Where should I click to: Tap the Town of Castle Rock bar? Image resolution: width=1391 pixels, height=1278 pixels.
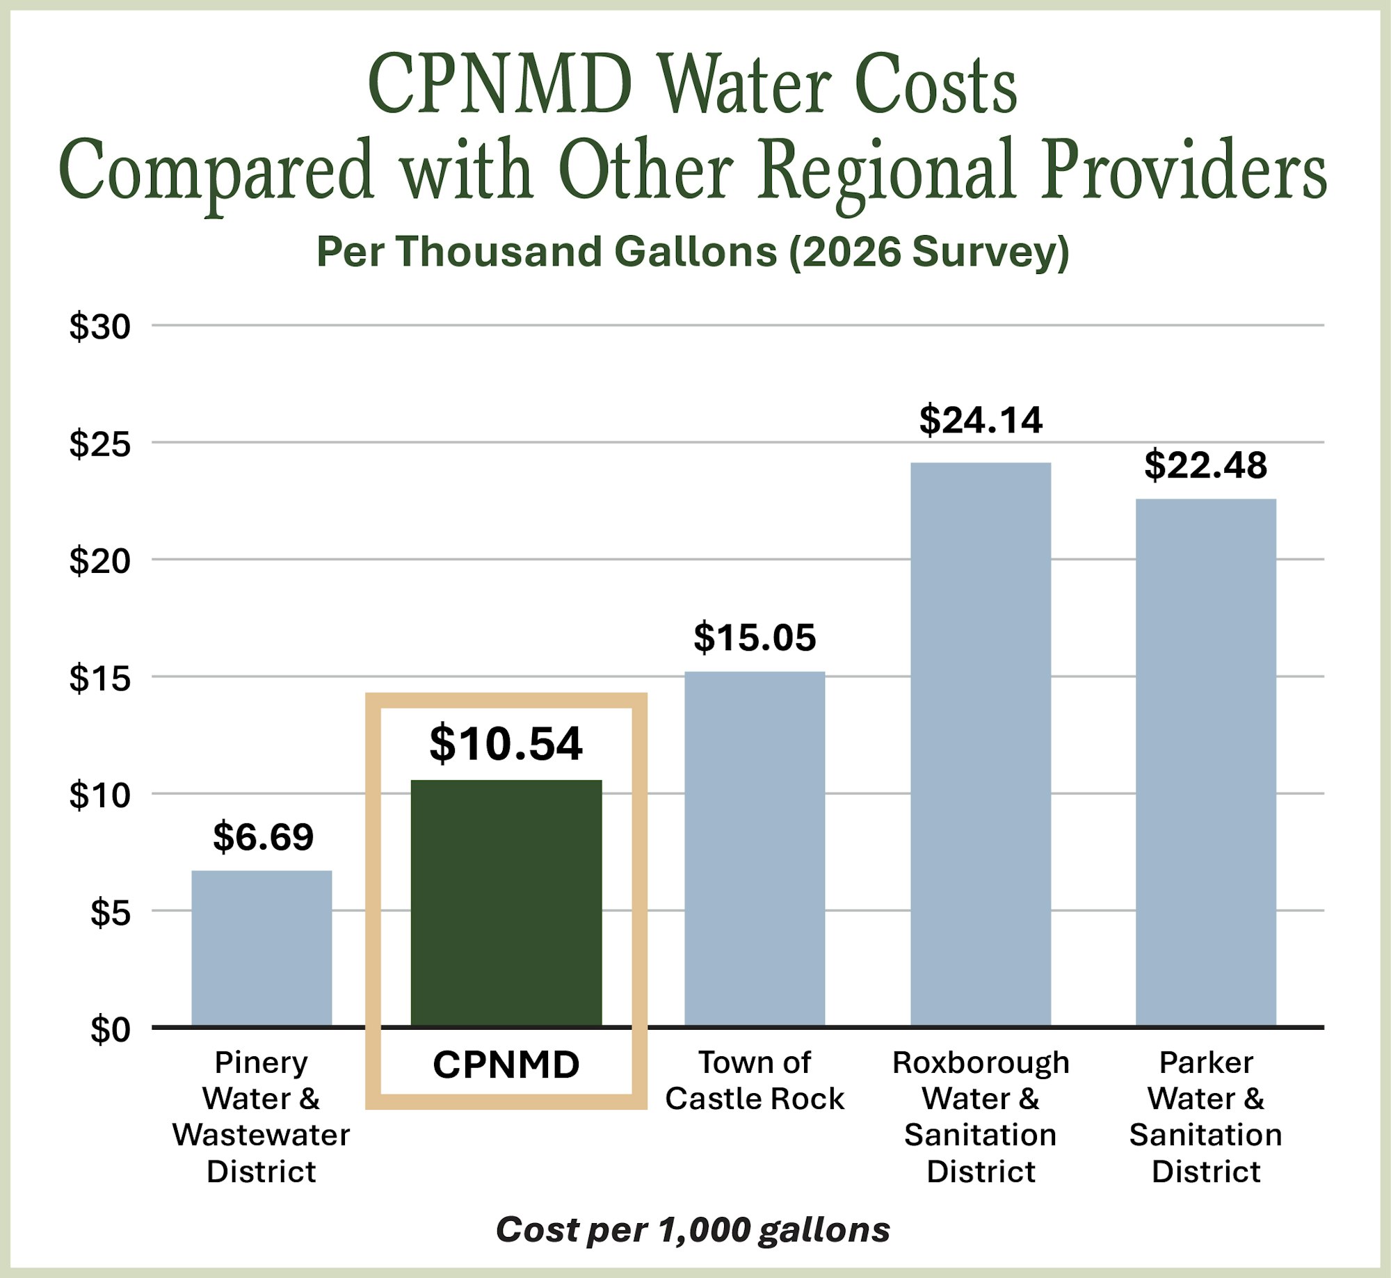[755, 848]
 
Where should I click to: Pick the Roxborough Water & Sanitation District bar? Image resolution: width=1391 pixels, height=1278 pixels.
[980, 744]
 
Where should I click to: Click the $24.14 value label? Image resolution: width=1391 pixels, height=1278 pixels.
[981, 420]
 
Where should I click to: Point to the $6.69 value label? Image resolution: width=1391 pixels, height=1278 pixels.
[263, 836]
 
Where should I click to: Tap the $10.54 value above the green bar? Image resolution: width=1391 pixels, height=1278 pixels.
[506, 743]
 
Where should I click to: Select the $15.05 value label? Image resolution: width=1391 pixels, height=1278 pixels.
[755, 638]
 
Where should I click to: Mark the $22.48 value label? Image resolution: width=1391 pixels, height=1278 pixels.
[1205, 465]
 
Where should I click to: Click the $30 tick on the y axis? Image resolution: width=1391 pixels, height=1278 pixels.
[99, 326]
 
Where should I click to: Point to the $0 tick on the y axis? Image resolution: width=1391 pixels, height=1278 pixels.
[110, 1029]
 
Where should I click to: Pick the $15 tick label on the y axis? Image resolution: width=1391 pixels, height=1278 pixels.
[99, 678]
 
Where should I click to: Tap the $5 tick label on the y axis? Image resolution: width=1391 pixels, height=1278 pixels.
[110, 912]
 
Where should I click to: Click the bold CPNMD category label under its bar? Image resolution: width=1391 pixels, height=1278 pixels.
[506, 1065]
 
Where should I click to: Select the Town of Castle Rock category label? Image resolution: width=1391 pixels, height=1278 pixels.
[755, 1081]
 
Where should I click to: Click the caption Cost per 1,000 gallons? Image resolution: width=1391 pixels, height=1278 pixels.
[693, 1229]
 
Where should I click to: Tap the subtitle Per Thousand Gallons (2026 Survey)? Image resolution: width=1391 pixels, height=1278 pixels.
[693, 251]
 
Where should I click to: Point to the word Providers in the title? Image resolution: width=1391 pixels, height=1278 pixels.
[1183, 170]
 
